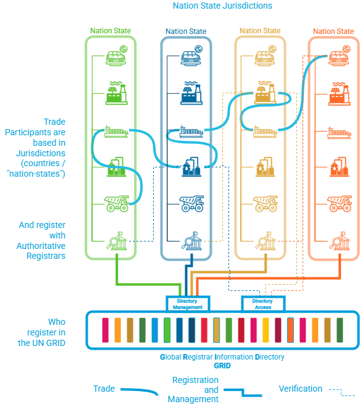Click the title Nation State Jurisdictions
coord(222,6)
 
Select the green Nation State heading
coord(111,30)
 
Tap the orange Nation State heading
coord(333,31)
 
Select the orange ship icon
coord(340,132)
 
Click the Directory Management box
coord(188,303)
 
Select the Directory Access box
coord(262,303)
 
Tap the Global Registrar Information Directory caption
coord(222,357)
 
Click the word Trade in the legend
coord(104,389)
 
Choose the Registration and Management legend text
coord(194,390)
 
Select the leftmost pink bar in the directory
coord(105,329)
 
